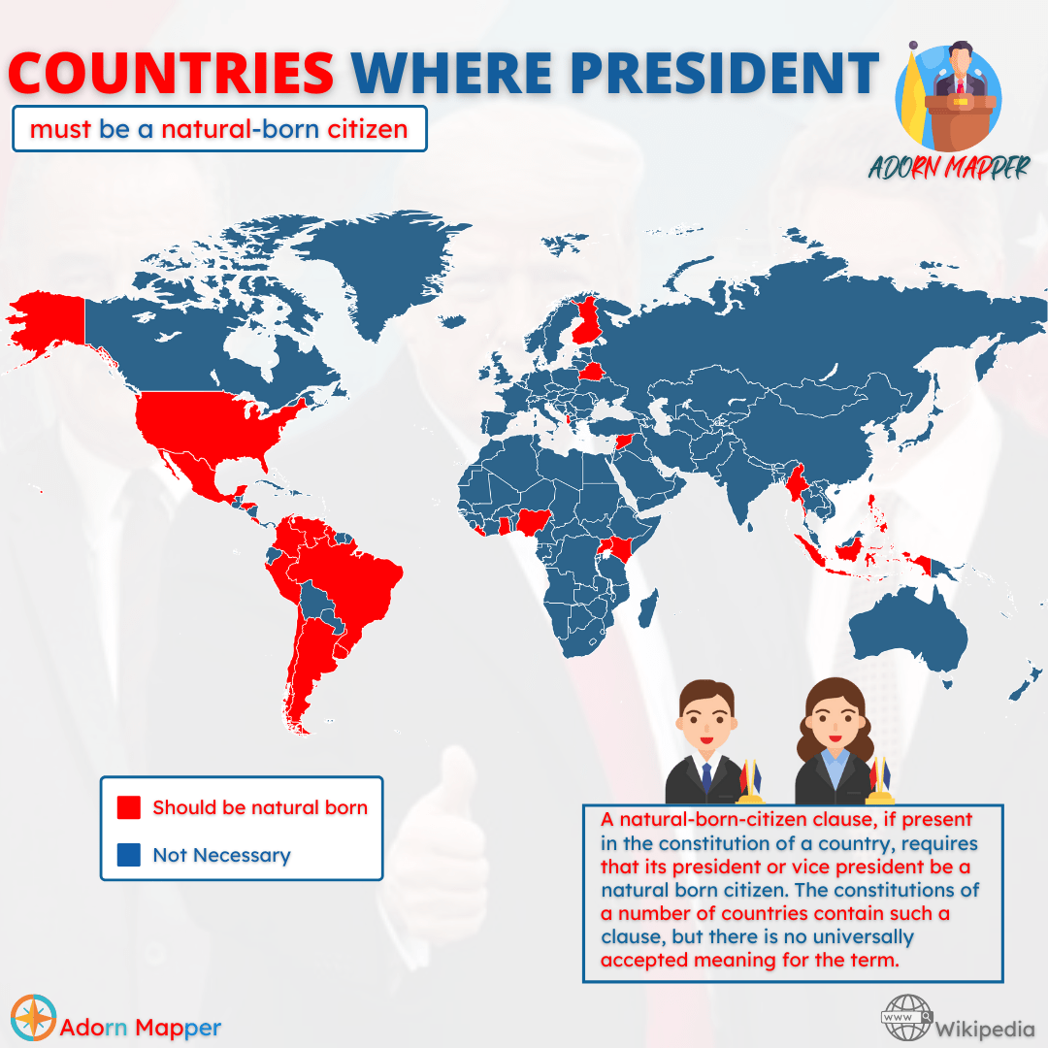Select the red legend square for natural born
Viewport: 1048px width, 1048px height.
click(129, 807)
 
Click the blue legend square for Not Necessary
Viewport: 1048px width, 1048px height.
click(129, 855)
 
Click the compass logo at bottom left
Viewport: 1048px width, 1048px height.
click(32, 1017)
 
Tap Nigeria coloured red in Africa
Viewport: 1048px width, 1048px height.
click(532, 525)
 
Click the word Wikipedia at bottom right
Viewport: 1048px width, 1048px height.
click(985, 1027)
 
